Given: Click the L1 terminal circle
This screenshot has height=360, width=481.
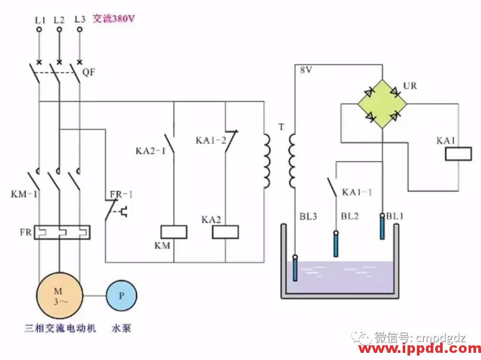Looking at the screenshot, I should [x=39, y=29].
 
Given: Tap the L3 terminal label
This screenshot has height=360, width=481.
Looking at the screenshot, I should [x=80, y=19].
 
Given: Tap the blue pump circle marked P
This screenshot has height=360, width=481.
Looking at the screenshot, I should [x=121, y=295].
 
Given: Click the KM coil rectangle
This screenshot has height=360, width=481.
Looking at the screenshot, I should [x=173, y=232].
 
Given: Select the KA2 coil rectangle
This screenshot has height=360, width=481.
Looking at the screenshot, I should [x=225, y=232].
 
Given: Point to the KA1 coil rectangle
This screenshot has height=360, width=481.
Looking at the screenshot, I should [x=458, y=154].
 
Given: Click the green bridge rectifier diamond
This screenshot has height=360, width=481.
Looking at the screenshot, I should [x=383, y=104].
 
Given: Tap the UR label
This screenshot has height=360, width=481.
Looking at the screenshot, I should [x=410, y=86].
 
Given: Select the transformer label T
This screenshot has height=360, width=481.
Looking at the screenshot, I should [x=281, y=127].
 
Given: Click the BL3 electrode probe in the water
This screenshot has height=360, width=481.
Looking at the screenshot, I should [x=295, y=267].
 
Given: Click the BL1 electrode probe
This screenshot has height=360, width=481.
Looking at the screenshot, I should [x=382, y=226].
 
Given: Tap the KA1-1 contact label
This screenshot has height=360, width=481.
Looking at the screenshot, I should [x=357, y=192].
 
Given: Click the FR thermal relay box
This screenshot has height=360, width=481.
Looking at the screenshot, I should [x=62, y=232].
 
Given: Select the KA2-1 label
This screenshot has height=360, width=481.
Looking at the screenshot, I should [x=151, y=151].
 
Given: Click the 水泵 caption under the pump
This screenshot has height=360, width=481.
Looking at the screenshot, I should [x=121, y=329].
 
